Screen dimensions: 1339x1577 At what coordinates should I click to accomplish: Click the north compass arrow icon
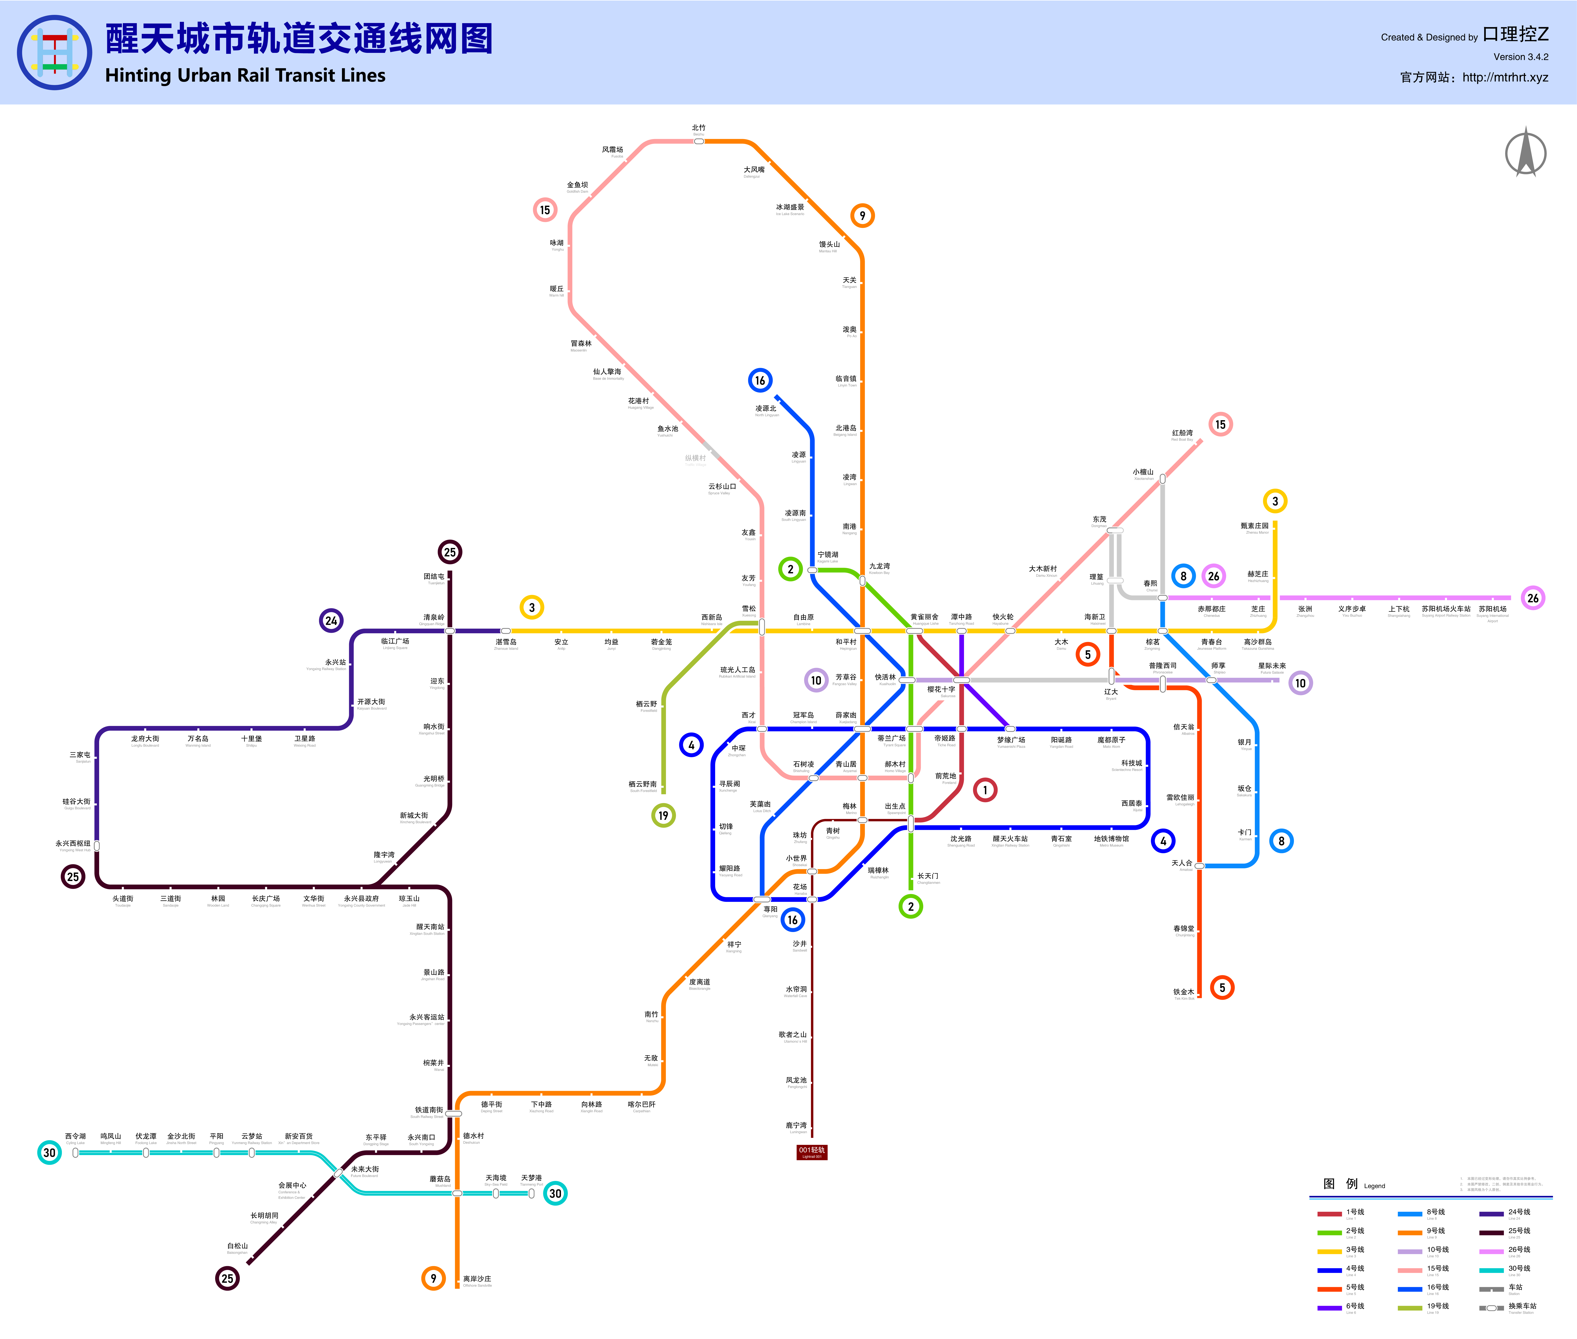point(1525,153)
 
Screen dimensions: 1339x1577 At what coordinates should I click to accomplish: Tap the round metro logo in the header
point(55,52)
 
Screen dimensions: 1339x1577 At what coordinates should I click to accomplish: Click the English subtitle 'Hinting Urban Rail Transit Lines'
point(245,75)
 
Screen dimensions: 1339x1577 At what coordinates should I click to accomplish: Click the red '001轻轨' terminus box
point(811,1152)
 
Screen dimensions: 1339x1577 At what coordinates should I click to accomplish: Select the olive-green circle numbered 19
point(663,815)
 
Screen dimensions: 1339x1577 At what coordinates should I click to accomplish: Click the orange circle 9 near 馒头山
point(862,216)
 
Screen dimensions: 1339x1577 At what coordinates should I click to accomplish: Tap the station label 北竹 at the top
point(698,128)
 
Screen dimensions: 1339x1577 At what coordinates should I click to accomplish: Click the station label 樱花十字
point(941,689)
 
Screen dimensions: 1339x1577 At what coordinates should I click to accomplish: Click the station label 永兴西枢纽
point(73,843)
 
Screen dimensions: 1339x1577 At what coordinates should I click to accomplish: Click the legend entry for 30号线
point(1519,1268)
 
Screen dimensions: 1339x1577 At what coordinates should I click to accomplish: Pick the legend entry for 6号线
point(1355,1306)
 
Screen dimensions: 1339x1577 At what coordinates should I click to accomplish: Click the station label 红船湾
point(1182,433)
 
